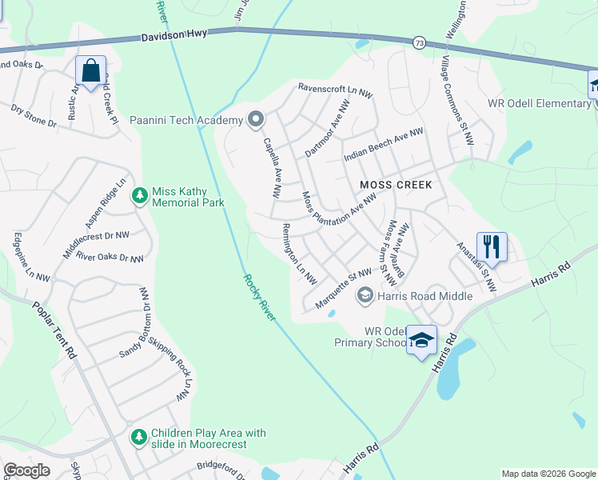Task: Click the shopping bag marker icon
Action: click(90, 70)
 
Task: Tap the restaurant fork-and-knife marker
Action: click(490, 246)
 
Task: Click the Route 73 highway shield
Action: click(419, 42)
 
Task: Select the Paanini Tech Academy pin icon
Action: click(256, 120)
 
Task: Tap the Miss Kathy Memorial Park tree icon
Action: click(140, 195)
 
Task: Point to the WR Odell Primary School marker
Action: click(421, 340)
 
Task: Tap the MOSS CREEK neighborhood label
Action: click(396, 185)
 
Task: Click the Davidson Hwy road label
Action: click(173, 37)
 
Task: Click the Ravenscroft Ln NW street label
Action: click(335, 90)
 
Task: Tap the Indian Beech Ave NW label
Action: click(383, 145)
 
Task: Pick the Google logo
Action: click(26, 470)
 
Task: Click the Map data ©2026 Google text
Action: click(548, 474)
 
